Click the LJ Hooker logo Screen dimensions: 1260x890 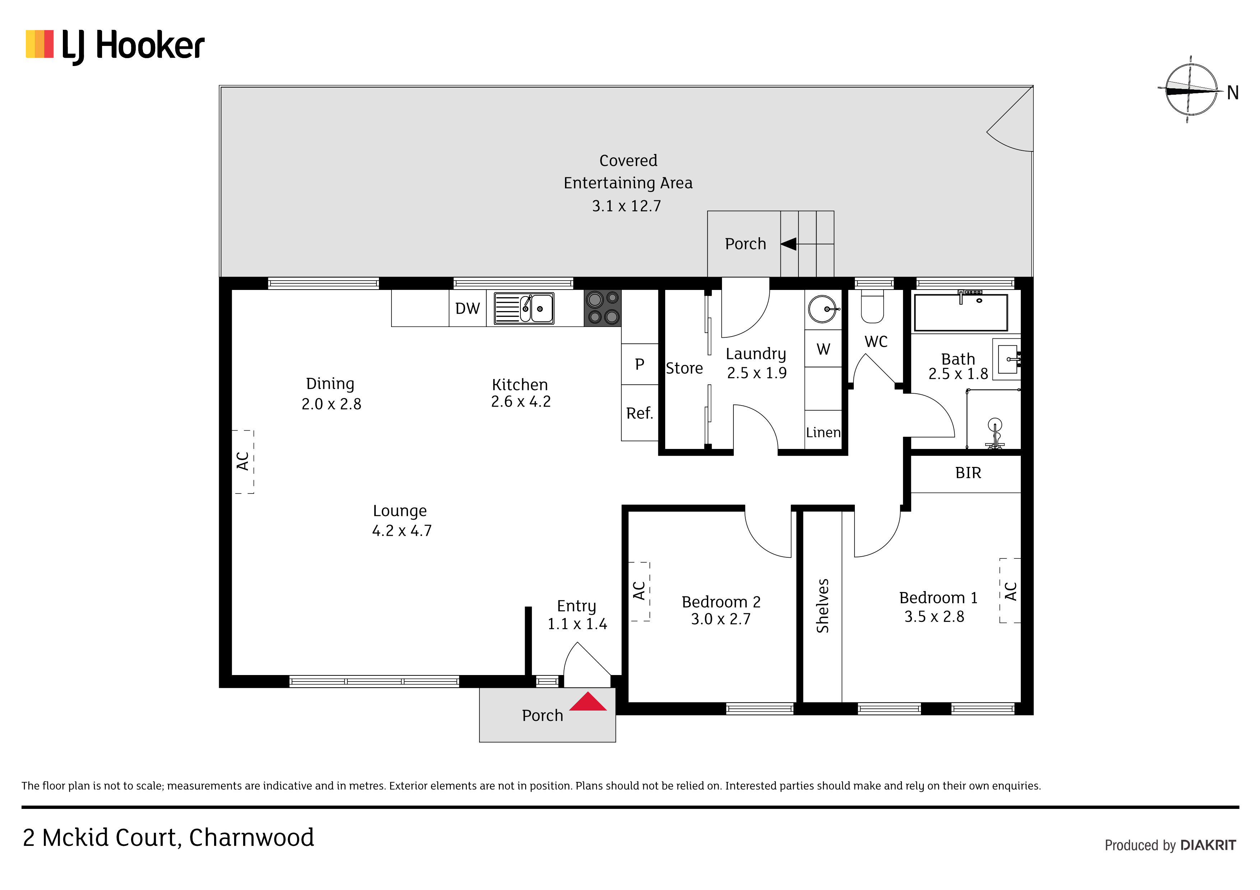pyautogui.click(x=115, y=46)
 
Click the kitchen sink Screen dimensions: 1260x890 pyautogui.click(x=524, y=308)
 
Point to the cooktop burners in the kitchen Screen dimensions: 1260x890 pyautogui.click(x=603, y=308)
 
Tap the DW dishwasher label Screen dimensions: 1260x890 pyautogui.click(x=468, y=309)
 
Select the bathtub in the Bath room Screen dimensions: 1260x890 pyautogui.click(x=961, y=312)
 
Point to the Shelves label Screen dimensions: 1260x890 pyautogui.click(x=823, y=606)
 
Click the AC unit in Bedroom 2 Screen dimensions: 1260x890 pyautogui.click(x=639, y=591)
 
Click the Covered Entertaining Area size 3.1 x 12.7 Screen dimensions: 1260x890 pyautogui.click(x=627, y=206)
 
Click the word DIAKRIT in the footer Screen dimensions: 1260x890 pyautogui.click(x=1208, y=845)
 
